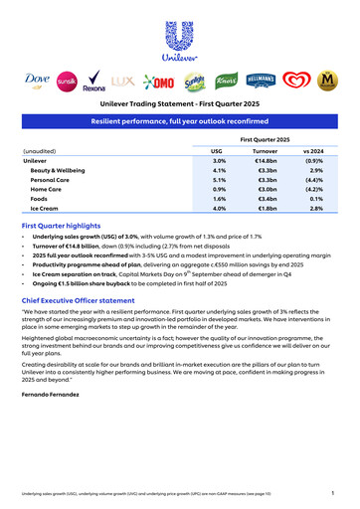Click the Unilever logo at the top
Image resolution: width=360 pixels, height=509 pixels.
180,41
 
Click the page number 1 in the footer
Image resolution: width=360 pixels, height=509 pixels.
331,492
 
